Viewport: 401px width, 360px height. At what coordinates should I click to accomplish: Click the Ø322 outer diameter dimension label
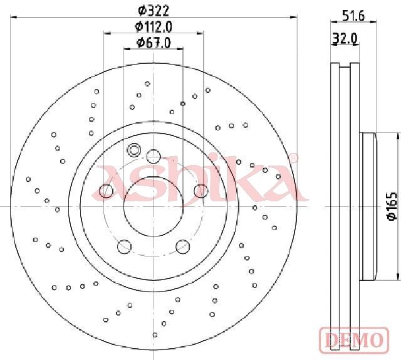tap(154, 11)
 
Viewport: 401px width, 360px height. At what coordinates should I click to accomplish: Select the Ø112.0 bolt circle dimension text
tap(154, 26)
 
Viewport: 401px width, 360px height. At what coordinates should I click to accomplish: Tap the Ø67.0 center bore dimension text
tap(154, 43)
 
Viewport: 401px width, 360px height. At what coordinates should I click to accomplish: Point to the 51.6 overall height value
tap(353, 16)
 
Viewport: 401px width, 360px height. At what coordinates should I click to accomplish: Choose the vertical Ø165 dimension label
tap(392, 206)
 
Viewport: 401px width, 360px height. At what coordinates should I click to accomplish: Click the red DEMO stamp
tap(354, 340)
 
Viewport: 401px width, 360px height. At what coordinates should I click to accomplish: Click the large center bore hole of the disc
tap(154, 206)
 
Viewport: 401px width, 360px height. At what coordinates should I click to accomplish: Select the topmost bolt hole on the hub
tap(154, 156)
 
